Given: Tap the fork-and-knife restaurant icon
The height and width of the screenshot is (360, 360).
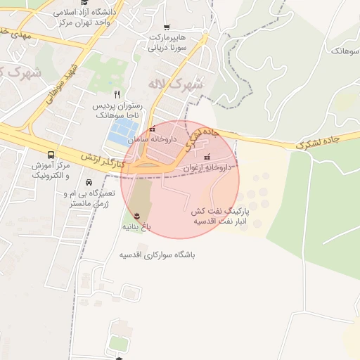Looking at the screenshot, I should [x=117, y=94].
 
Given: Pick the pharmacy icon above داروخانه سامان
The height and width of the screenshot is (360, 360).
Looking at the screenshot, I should [x=153, y=129].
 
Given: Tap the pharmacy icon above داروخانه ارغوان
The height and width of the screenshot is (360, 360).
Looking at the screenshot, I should [x=206, y=157].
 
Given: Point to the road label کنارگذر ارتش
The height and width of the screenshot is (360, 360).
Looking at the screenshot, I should [x=103, y=161].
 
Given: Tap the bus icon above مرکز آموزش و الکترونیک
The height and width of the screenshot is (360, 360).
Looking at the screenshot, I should [x=51, y=155].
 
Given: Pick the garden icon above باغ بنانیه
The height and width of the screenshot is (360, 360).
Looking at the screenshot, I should [x=137, y=215].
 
